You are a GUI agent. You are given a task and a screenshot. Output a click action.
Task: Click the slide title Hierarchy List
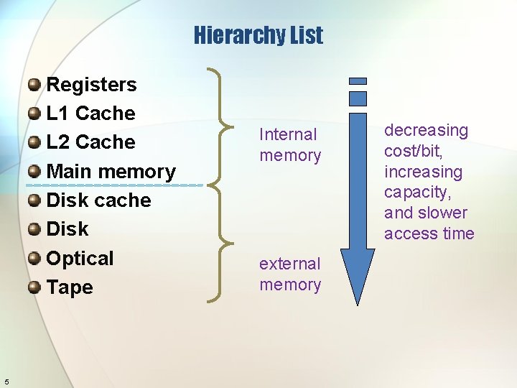tap(258, 35)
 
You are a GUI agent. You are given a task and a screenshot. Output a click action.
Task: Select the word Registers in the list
tap(91, 85)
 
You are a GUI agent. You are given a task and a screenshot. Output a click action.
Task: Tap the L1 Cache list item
tap(90, 114)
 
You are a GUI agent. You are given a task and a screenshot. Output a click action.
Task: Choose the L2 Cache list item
tap(90, 142)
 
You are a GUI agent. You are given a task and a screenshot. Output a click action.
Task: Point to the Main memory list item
tap(111, 172)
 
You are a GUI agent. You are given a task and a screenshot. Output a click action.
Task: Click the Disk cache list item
tap(98, 200)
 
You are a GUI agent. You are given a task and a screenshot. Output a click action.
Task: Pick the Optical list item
tap(80, 259)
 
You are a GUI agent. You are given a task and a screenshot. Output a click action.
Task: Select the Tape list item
tap(70, 287)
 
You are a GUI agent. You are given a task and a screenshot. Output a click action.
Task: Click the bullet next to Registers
tap(34, 86)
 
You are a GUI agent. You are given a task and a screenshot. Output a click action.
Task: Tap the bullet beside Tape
tap(34, 288)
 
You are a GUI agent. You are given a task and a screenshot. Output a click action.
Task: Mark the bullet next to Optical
tap(34, 259)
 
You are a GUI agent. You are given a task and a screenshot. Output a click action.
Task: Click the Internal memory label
tap(290, 144)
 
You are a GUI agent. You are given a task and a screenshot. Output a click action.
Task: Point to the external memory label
tap(290, 274)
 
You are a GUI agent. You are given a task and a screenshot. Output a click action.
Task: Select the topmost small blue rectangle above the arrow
tap(357, 81)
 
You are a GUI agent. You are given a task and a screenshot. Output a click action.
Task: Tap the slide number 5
tap(6, 381)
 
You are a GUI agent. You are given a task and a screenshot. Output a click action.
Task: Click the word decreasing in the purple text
tap(426, 130)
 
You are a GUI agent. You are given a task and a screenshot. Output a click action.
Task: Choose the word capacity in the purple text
tap(416, 193)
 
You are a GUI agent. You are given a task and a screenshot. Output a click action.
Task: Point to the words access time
tap(429, 234)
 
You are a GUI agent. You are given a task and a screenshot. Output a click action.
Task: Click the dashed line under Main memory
tap(115, 185)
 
